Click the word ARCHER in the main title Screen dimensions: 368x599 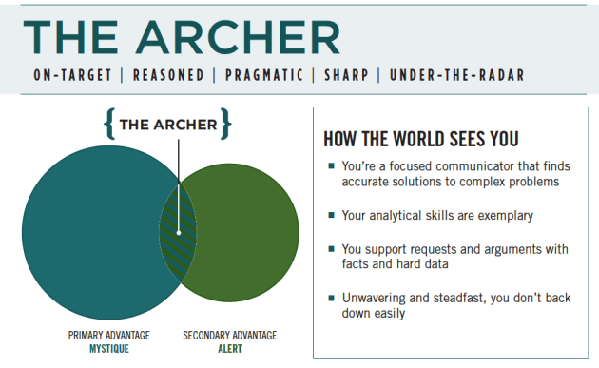242,36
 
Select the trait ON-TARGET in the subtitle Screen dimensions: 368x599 68,75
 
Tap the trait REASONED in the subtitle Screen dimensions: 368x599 169,75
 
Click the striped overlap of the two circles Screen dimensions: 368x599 178,232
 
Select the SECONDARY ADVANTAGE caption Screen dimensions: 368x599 229,336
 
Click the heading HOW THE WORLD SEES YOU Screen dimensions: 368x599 421,138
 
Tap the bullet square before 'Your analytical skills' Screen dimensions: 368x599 331,215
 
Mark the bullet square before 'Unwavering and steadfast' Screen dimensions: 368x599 331,298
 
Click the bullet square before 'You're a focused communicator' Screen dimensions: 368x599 331,167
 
